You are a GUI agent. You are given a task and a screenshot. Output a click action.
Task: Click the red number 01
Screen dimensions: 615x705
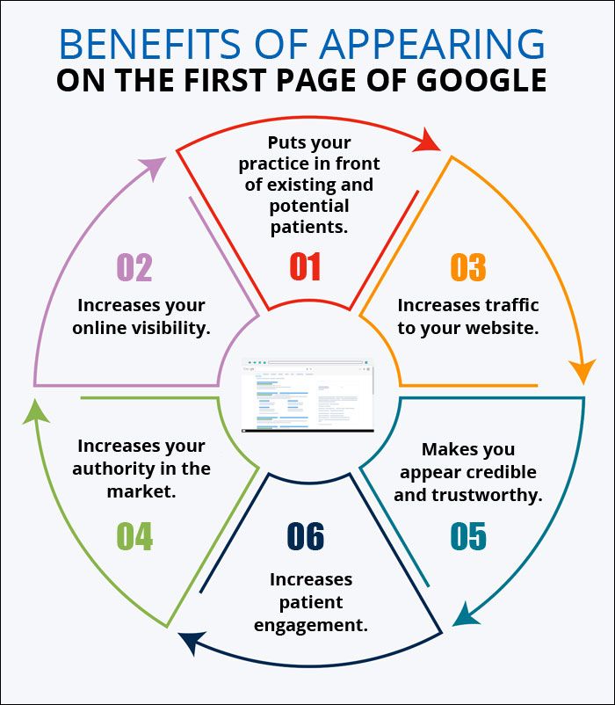306,266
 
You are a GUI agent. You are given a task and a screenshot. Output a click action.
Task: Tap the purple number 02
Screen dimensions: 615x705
134,267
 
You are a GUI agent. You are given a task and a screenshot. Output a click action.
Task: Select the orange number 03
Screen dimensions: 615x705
468,267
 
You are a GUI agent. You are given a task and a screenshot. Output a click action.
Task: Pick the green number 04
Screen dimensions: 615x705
134,535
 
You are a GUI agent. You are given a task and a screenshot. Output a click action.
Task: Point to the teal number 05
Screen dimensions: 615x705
468,535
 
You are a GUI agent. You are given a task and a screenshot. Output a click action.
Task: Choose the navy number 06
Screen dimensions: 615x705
306,535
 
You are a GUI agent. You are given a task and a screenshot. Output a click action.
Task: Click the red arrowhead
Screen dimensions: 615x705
430,140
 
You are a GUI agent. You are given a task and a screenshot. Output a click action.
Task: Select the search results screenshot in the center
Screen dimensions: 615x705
307,395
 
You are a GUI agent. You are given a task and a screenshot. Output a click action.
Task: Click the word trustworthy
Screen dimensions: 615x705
487,494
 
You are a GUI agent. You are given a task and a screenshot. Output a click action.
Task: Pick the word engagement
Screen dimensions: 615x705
311,625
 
